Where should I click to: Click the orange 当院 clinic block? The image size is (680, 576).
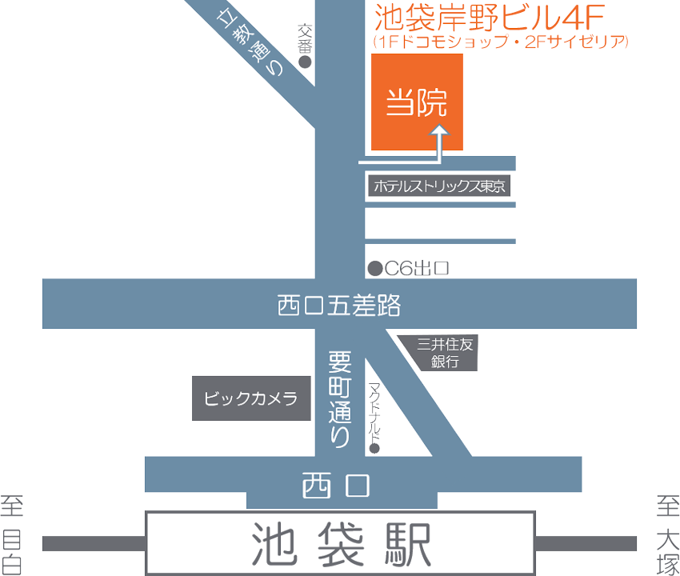[x=417, y=102]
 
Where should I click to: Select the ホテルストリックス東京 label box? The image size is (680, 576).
[x=439, y=186]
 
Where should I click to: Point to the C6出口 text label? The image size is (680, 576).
[x=416, y=269]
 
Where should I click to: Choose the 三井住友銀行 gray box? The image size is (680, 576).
[x=446, y=352]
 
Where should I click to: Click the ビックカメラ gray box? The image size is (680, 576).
[x=250, y=398]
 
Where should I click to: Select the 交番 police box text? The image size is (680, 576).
[x=304, y=38]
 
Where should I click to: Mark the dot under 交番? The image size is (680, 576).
[x=304, y=62]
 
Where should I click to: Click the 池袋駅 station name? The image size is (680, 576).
[x=340, y=544]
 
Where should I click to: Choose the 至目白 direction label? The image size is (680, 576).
[x=13, y=534]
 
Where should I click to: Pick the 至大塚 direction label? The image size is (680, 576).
[x=667, y=534]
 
